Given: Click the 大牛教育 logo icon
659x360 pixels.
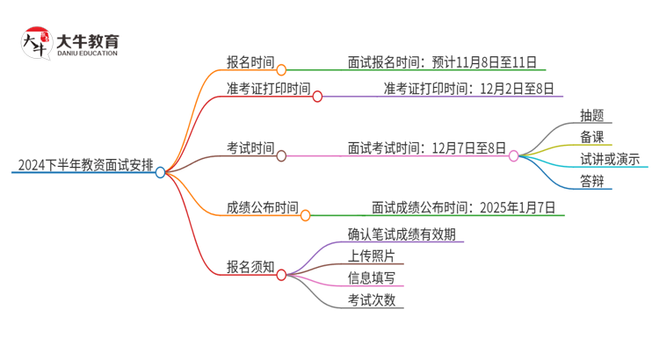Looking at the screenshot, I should click(x=35, y=42).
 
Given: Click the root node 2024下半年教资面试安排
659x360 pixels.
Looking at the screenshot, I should click(x=83, y=163).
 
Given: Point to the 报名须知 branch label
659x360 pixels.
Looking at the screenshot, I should click(x=250, y=265).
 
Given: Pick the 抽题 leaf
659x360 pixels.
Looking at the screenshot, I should click(x=592, y=114).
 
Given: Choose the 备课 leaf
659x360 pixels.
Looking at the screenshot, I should click(x=592, y=137).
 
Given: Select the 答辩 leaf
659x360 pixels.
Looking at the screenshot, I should click(x=592, y=182).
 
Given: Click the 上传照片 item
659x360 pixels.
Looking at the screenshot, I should click(x=371, y=256).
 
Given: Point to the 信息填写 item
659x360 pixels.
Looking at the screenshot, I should click(x=371, y=278).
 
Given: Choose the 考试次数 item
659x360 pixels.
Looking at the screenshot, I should click(x=371, y=300).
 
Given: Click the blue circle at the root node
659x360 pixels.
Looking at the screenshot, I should click(x=160, y=172).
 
